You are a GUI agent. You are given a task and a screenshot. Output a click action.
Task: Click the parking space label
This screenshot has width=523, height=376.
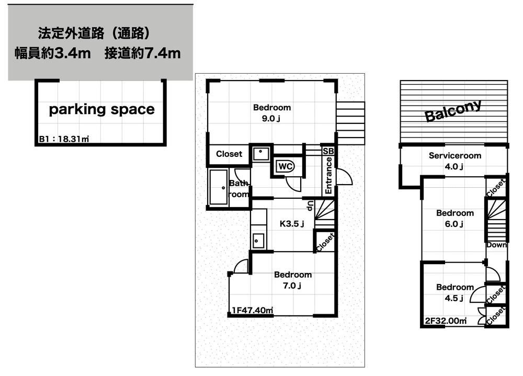[x=102, y=109]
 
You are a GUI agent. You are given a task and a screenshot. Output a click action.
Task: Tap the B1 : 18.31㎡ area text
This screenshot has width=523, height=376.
[x=64, y=139]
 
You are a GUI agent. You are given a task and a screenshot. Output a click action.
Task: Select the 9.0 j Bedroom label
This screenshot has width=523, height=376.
[x=272, y=113]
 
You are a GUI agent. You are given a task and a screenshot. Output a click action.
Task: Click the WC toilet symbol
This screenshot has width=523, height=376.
[x=285, y=166]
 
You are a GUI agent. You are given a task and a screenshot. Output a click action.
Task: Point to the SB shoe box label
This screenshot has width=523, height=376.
[x=328, y=151]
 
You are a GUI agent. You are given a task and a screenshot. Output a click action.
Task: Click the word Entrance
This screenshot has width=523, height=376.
[x=328, y=176]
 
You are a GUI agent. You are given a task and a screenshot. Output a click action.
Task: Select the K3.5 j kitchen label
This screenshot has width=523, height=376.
[x=292, y=223]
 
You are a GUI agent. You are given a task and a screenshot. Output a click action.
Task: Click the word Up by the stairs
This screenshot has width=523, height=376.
[x=310, y=206]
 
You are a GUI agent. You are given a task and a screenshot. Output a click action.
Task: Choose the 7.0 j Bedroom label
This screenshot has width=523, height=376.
[x=293, y=280]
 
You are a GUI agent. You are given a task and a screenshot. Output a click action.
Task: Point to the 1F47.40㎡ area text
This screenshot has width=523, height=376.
[x=253, y=310]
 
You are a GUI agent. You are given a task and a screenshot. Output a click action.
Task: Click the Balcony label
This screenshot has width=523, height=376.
[x=453, y=111]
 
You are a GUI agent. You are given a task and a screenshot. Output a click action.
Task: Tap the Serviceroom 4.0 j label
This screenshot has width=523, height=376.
[x=454, y=161]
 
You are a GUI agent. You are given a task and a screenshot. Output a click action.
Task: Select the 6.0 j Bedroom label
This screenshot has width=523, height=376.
[x=455, y=218]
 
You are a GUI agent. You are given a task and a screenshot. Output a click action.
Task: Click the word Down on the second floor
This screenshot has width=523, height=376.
[x=496, y=245]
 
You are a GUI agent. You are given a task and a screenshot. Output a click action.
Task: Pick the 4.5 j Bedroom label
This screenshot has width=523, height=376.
[x=455, y=292]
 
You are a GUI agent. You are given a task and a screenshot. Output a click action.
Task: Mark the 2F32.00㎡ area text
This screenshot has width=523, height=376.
[x=446, y=321]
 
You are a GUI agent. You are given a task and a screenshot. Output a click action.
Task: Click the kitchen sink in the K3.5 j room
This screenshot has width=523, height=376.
[x=258, y=241]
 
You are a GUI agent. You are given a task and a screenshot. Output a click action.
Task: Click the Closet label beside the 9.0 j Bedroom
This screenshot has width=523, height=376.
[x=229, y=154]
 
